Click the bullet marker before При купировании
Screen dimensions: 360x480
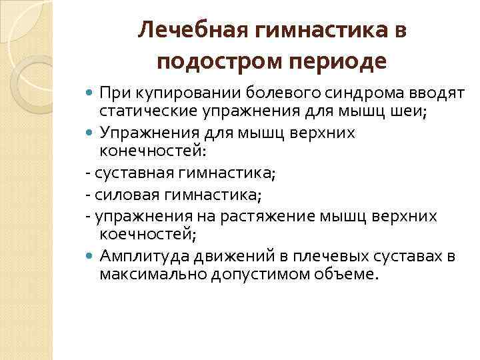91,91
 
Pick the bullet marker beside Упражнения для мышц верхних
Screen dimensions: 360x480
91,133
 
